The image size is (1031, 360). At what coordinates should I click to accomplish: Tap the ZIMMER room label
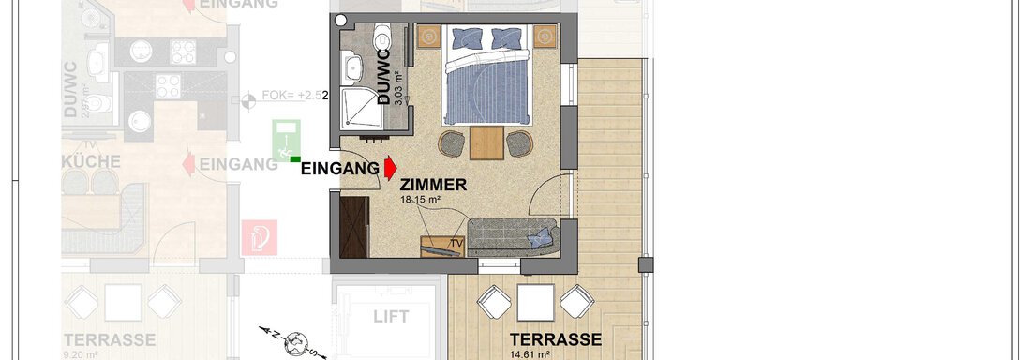click(433, 186)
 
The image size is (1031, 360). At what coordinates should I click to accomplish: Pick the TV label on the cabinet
click(456, 244)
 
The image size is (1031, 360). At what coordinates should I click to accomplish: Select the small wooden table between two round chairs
click(486, 142)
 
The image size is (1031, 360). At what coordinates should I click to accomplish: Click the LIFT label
click(391, 317)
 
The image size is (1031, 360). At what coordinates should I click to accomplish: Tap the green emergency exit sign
click(287, 141)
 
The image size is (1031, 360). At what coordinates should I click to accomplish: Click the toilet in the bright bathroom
click(381, 38)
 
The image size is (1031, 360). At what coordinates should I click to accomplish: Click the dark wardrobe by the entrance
click(352, 227)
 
